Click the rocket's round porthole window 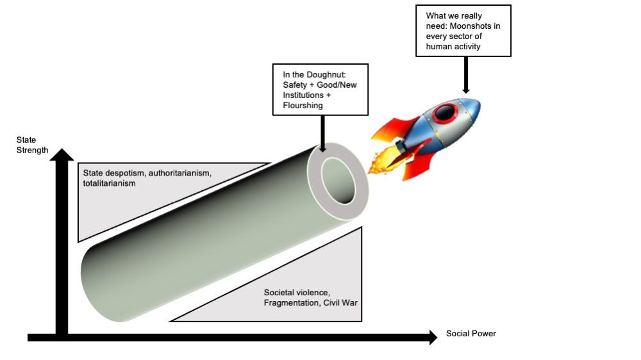coord(444,113)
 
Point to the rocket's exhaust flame coord(384,160)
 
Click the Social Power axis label coord(471,334)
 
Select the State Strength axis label coord(32,145)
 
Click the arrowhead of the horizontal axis coord(433,337)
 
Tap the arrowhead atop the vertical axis coord(62,154)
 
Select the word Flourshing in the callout coord(303,106)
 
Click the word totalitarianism coord(109,183)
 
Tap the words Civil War coord(340,303)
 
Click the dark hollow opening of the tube coord(338,180)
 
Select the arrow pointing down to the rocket coord(465,75)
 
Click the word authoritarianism coord(180,173)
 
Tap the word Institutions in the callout coord(304,95)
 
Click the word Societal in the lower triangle coord(279,293)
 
